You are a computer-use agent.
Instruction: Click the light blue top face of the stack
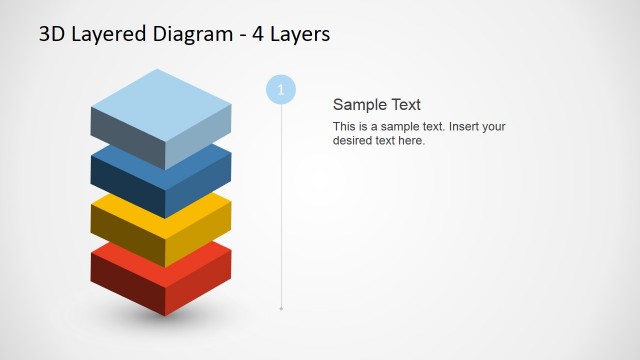(160, 102)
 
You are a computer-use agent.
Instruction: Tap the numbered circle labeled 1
(281, 90)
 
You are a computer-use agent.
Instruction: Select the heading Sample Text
(376, 104)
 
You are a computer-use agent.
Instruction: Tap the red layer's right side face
(197, 282)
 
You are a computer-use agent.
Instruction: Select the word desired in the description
(353, 141)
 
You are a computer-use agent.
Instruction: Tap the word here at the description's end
(410, 141)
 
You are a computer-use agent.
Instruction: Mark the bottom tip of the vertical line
(281, 309)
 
